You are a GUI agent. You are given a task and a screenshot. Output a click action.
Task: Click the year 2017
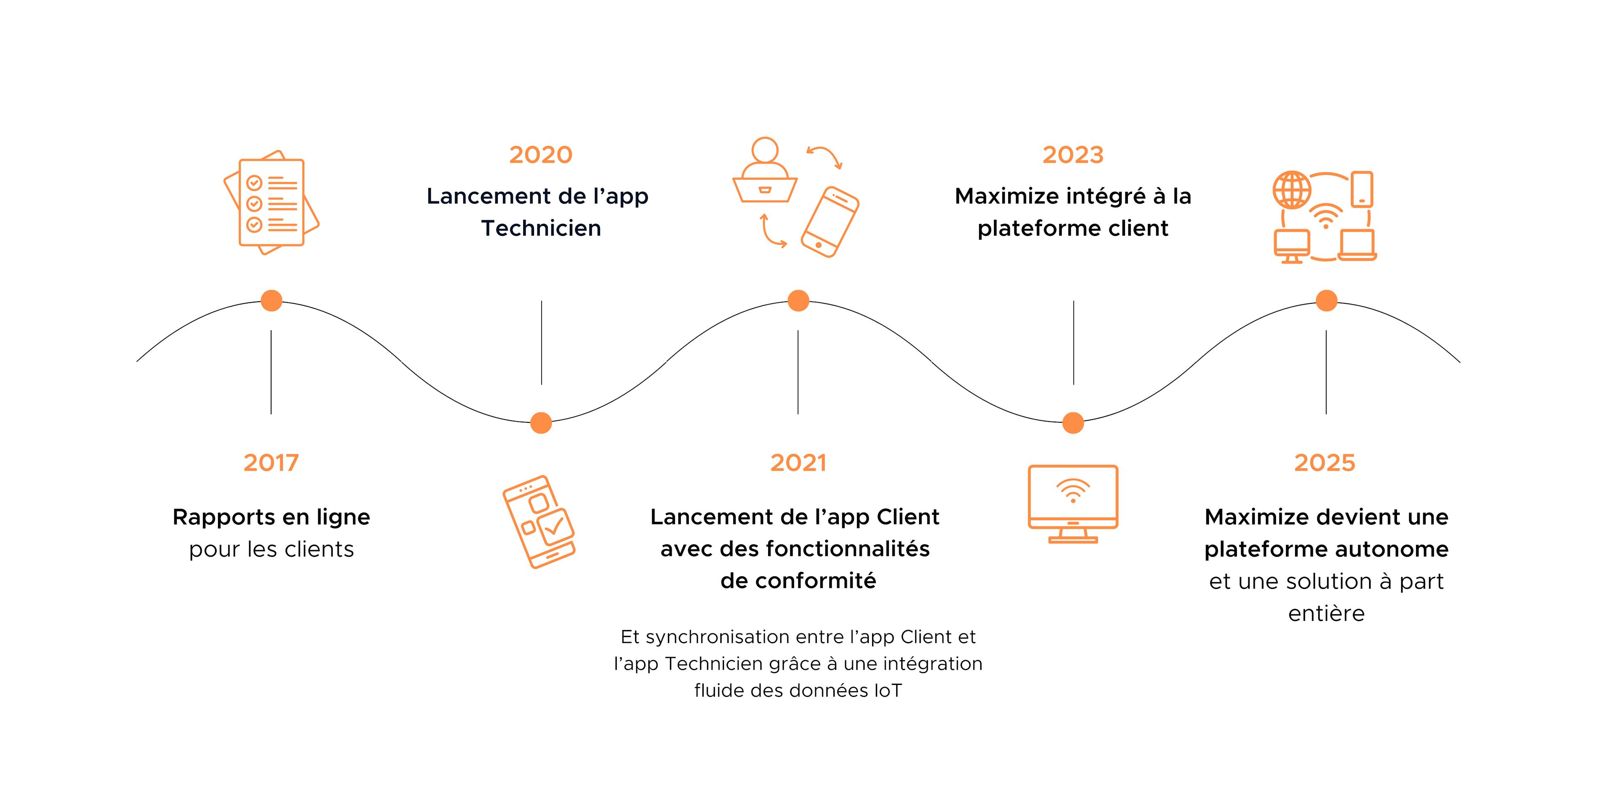(271, 463)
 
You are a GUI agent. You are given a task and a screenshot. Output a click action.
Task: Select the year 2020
(541, 154)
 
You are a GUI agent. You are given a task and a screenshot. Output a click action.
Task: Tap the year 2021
(798, 463)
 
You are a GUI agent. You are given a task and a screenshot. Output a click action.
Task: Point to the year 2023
(1073, 154)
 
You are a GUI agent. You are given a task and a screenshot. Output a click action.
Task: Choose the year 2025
(1325, 463)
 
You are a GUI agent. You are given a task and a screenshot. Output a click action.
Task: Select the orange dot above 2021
(798, 301)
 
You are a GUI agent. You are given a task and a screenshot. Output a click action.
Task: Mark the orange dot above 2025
(1326, 301)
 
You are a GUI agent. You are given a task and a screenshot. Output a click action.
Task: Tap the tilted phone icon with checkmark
(539, 521)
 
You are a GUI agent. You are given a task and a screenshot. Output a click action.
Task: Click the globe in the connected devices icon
(1292, 190)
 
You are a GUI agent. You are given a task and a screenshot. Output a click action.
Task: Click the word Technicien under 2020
(541, 228)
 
